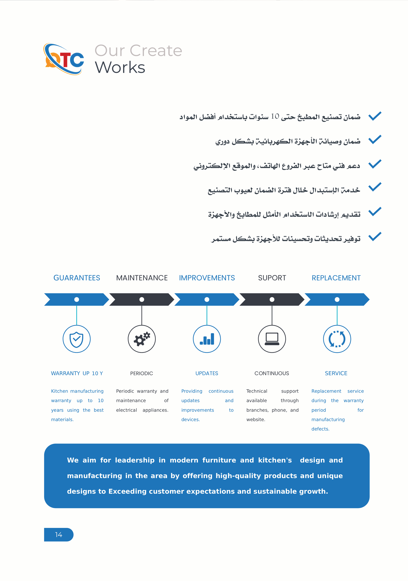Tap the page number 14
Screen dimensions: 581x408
[x=58, y=535]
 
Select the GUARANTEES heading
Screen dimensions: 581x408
[x=77, y=278]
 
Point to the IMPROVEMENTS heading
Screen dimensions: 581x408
[x=207, y=278]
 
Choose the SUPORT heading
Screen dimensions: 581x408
[x=272, y=278]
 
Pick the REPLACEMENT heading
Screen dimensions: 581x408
[x=336, y=278]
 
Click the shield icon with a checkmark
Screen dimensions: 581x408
[x=77, y=339]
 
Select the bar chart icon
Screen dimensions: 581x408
[x=207, y=339]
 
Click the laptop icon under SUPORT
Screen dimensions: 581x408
[x=272, y=339]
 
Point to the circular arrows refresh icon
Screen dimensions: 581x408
[x=337, y=339]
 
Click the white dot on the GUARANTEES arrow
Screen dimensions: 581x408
[x=77, y=299]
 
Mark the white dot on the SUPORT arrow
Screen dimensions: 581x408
[x=272, y=299]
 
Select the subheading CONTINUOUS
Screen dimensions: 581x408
[x=272, y=373]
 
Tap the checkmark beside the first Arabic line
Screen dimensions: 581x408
[x=375, y=116]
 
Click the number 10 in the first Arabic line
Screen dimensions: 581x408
[x=275, y=116]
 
